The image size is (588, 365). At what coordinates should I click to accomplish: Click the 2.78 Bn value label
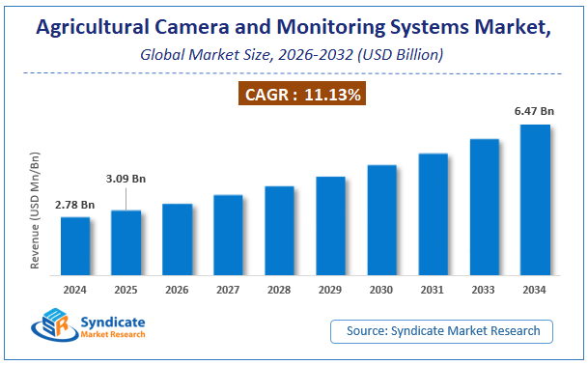(x=75, y=205)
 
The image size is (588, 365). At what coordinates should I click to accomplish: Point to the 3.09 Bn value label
(x=126, y=179)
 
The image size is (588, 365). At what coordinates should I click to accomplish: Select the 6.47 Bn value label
(x=534, y=112)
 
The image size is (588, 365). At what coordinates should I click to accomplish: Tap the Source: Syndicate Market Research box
(x=443, y=331)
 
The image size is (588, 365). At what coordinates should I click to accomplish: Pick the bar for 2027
(x=228, y=238)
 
